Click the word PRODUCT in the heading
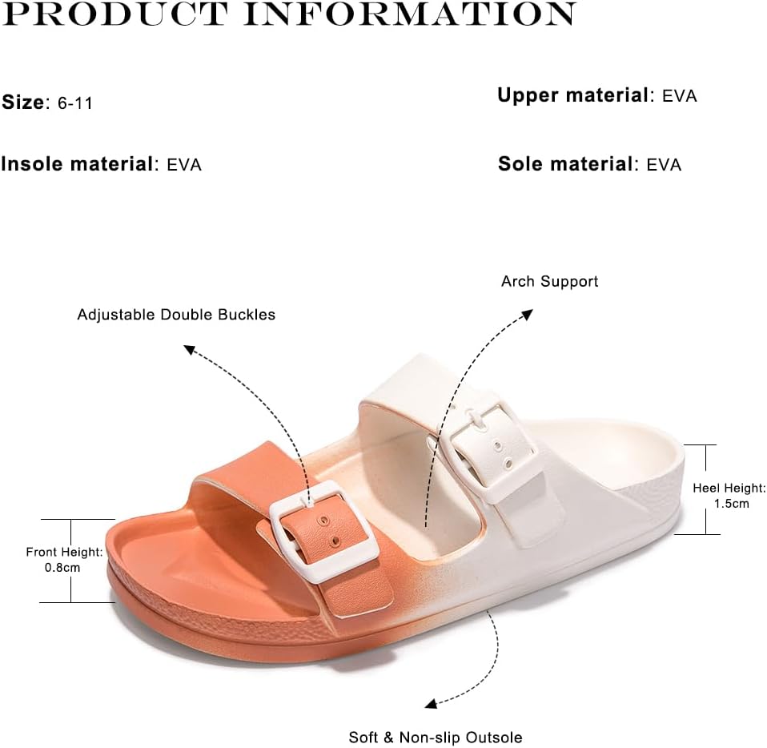pos(115,13)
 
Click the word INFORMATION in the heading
pos(410,13)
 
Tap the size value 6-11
pos(74,103)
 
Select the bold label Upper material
pos(572,95)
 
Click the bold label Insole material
pos(78,164)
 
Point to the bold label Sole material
pos(565,164)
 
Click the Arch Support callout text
pos(550,281)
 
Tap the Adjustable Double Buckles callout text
pos(177,314)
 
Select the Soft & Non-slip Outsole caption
pos(436,738)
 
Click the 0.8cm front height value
pos(62,568)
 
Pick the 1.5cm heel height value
pos(731,504)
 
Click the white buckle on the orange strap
pos(324,531)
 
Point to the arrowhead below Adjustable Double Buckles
pos(190,350)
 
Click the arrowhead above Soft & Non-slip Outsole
pos(431,704)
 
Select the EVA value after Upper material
pos(680,96)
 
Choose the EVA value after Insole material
pos(184,165)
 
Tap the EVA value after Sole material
pos(664,165)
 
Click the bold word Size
pos(23,103)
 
